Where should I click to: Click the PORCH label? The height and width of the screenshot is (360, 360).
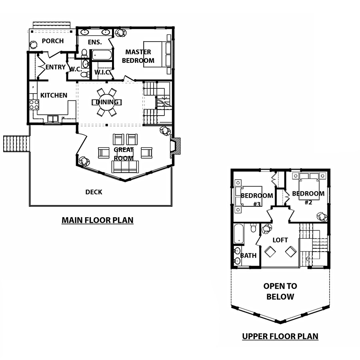[52, 41]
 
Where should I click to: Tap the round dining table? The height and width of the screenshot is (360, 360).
[107, 102]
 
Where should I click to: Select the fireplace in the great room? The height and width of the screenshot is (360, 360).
[175, 148]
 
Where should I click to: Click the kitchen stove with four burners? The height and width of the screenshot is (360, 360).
[34, 105]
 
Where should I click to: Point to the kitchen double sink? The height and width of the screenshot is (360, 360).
[53, 119]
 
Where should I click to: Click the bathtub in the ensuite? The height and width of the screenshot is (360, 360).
[102, 55]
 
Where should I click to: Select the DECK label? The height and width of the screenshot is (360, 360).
[94, 192]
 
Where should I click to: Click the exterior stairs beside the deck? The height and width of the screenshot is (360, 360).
[16, 144]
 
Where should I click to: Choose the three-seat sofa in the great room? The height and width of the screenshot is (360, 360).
[125, 167]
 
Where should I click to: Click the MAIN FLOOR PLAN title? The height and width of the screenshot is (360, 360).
[98, 220]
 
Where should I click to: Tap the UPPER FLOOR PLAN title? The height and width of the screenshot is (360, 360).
[280, 336]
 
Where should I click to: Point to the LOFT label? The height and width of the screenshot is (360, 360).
[280, 240]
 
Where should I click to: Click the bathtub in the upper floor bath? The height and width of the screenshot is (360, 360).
[238, 234]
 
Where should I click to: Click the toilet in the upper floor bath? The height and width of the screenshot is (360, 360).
[253, 228]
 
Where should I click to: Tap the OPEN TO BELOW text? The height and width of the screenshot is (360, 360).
[280, 291]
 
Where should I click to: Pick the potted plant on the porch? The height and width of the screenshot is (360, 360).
[34, 44]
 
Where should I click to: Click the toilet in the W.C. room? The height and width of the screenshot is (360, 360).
[86, 74]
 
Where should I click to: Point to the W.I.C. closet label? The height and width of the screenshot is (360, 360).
[102, 72]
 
